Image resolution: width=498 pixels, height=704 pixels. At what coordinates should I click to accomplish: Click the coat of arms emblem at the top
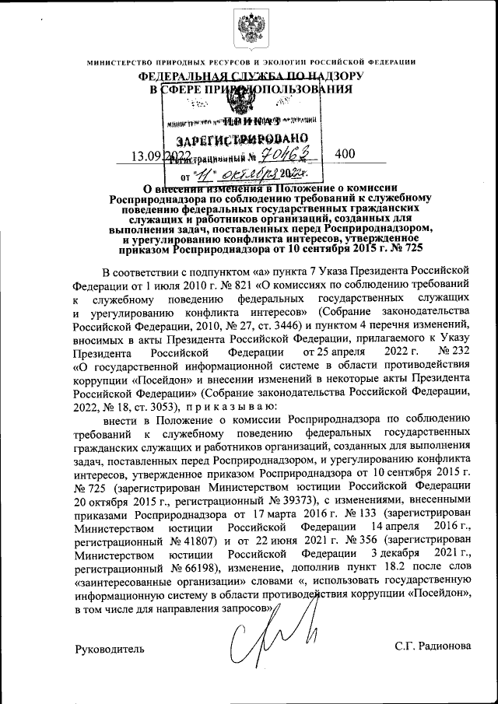(x=251, y=30)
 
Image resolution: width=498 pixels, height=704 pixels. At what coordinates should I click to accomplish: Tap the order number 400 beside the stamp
(x=345, y=154)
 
